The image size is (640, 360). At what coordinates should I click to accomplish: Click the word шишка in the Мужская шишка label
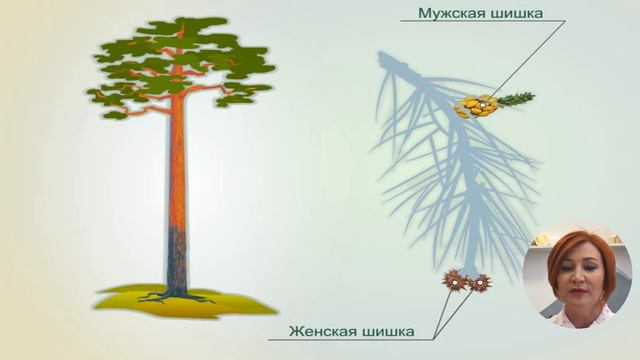(512, 13)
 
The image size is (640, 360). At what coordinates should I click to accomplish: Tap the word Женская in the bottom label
(323, 329)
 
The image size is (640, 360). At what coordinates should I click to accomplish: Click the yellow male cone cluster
(476, 107)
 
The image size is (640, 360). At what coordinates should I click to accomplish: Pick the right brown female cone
(481, 283)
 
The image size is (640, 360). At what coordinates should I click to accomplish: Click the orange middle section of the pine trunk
(178, 170)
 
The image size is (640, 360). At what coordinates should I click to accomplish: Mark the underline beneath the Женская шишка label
(350, 340)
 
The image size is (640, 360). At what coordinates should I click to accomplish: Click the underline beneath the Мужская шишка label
(480, 23)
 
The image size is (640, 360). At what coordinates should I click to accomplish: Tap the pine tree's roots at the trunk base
(176, 296)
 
